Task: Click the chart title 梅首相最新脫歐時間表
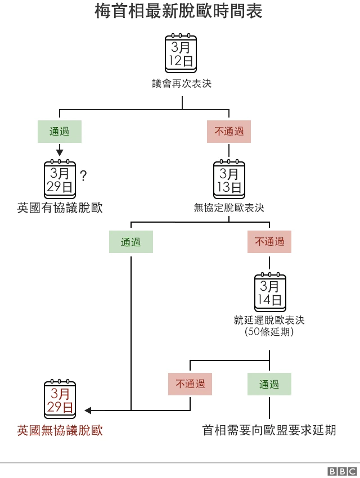click(x=179, y=12)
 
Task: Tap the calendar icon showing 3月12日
click(x=181, y=53)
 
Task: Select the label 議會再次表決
click(x=182, y=84)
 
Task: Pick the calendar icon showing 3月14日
click(x=270, y=292)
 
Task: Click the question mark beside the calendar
click(x=83, y=177)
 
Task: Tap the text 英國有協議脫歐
click(x=60, y=208)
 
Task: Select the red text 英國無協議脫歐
click(x=60, y=431)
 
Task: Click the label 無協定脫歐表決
click(x=229, y=208)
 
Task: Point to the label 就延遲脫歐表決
click(x=269, y=320)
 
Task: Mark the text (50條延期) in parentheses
click(x=269, y=332)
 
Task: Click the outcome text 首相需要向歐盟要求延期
click(x=269, y=431)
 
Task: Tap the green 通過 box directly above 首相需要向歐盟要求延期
click(x=269, y=384)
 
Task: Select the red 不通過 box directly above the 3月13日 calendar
click(x=229, y=132)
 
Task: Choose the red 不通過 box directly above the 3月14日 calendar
click(x=269, y=242)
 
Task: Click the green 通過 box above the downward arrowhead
click(x=60, y=132)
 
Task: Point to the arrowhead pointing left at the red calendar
click(x=88, y=411)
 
